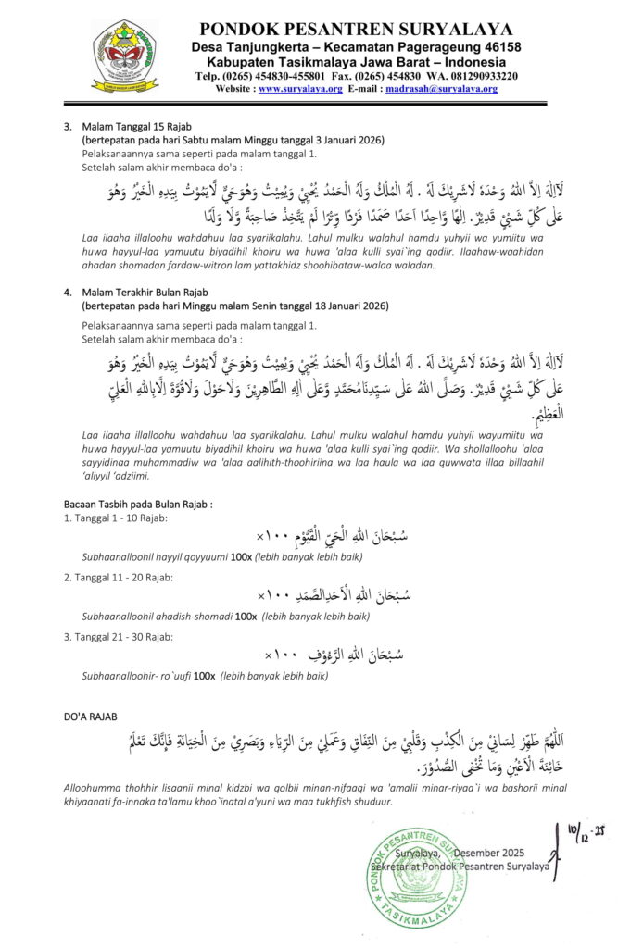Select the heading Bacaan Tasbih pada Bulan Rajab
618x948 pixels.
[138, 505]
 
